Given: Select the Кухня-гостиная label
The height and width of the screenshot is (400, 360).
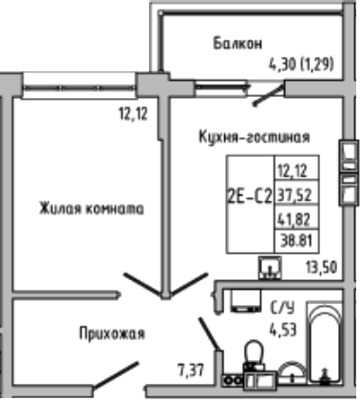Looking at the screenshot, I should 267,137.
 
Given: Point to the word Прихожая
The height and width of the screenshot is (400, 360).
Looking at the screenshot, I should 110,333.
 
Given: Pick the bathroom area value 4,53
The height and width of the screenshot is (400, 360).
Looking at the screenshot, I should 283,330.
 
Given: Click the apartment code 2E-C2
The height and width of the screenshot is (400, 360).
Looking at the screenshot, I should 249,198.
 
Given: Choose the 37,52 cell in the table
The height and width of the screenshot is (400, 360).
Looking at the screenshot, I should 294,197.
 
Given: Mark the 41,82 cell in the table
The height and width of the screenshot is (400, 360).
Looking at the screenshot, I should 294,219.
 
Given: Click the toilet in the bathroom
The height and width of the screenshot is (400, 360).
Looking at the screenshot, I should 254,361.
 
